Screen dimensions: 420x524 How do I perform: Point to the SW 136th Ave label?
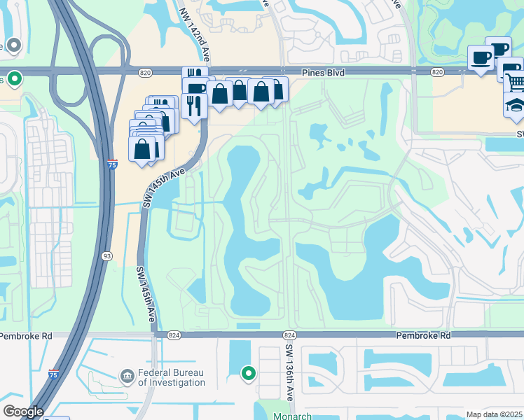tap(288, 378)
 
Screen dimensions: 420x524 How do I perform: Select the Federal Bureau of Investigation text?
tap(172, 378)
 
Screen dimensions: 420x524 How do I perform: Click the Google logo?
tap(23, 412)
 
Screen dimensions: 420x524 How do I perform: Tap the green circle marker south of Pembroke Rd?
tap(248, 374)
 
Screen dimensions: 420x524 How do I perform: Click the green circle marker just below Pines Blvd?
tap(14, 78)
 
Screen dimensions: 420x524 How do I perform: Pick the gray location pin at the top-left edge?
tap(14, 46)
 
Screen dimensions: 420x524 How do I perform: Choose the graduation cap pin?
tap(514, 105)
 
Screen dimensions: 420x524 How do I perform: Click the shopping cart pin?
tap(514, 83)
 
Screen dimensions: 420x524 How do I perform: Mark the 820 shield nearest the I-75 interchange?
tap(145, 71)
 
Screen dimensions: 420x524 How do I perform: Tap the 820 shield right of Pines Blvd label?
tap(437, 71)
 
